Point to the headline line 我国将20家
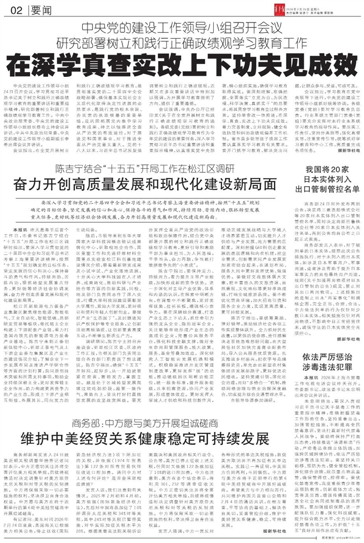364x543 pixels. tap(325, 171)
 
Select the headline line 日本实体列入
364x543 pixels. tap(325, 181)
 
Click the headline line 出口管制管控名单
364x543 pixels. tap(325, 191)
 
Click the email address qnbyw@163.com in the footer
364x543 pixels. tap(337, 538)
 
